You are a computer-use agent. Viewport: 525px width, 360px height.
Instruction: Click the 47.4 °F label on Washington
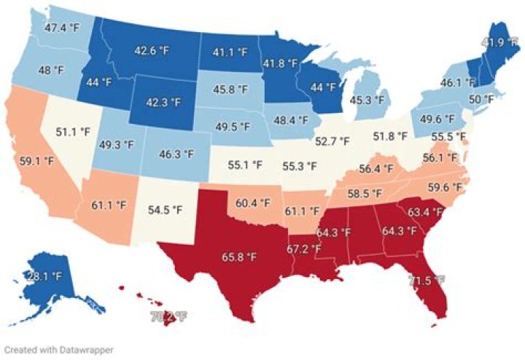coord(60,28)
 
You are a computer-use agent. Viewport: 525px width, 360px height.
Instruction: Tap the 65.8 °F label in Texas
coord(239,257)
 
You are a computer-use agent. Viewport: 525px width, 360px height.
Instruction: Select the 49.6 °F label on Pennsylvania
coord(435,119)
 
